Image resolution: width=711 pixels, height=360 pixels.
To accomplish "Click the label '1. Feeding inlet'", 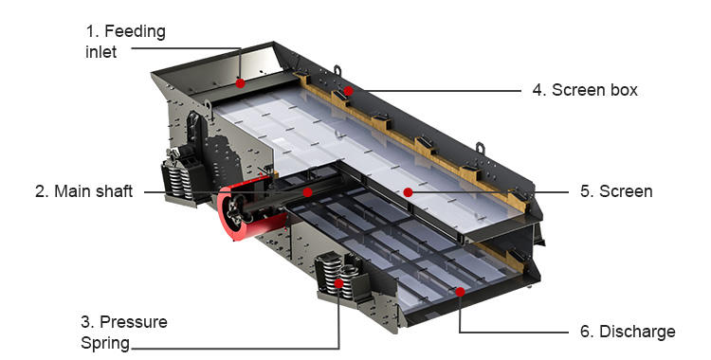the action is [125, 42].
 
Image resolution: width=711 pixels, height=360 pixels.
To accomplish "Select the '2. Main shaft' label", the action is [83, 191].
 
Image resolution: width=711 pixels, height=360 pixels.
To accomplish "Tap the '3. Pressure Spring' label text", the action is [124, 332].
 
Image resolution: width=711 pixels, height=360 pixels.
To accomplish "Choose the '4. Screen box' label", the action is [585, 90].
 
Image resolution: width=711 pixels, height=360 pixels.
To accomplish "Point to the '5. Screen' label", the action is [616, 191].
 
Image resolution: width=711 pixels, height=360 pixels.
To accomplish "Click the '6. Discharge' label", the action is [628, 332].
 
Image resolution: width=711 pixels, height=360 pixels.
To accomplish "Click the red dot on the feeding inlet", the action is [241, 83].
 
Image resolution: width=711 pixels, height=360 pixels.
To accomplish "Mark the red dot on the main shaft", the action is [308, 192].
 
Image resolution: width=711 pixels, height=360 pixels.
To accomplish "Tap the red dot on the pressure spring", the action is [338, 284].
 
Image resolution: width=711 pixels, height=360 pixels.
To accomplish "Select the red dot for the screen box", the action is [348, 91].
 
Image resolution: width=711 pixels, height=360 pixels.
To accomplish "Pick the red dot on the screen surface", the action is [408, 192].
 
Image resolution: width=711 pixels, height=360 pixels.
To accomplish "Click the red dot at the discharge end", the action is [460, 292].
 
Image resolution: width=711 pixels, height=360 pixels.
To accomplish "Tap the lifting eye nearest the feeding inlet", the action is [337, 71].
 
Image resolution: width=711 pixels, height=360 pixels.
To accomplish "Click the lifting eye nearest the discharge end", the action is [480, 148].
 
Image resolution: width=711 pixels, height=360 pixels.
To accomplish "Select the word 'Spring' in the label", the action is [105, 343].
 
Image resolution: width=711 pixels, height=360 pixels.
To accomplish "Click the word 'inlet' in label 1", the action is [100, 52].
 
